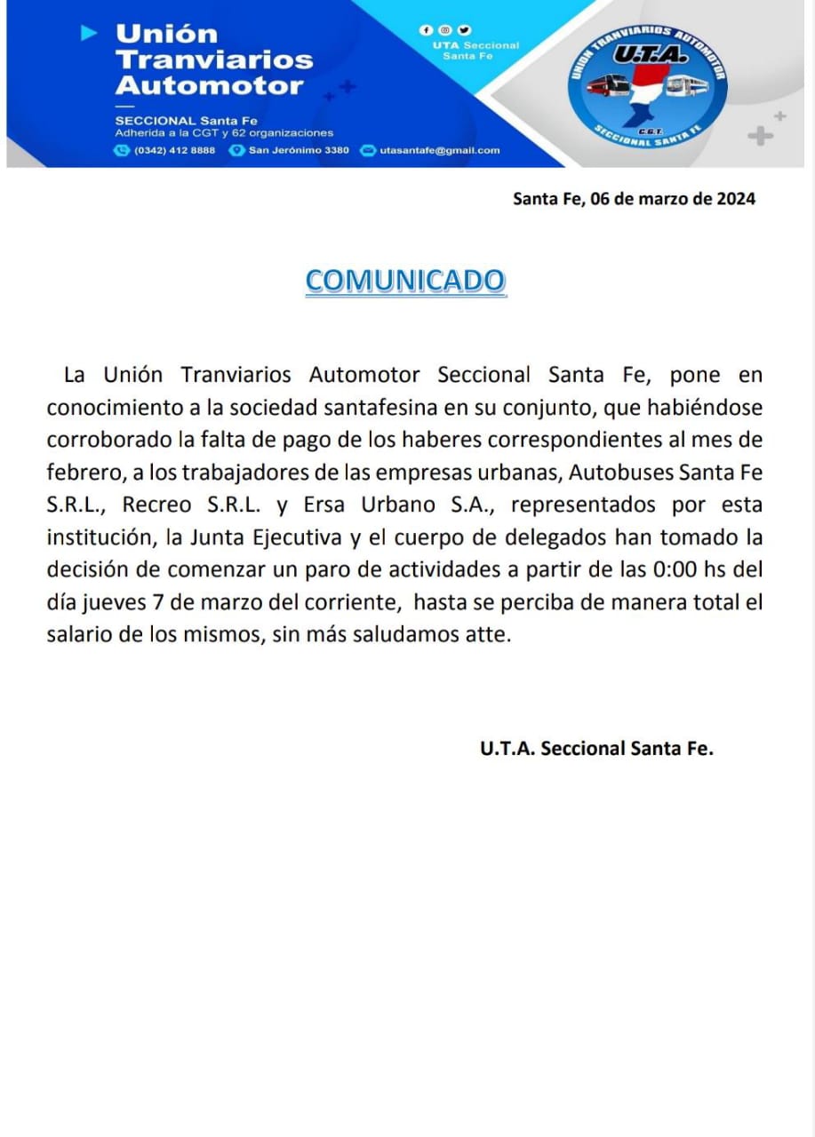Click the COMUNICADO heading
pos(405,281)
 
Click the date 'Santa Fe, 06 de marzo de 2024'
pos(634,199)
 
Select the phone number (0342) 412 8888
pos(174,150)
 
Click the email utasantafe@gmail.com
pos(439,150)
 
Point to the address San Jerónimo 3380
pos(299,150)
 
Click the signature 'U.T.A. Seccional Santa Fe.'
pos(596,748)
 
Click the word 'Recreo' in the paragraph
pos(156,505)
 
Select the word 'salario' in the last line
pos(76,635)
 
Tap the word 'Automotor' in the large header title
pos(210,86)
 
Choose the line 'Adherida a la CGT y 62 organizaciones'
pos(224,133)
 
